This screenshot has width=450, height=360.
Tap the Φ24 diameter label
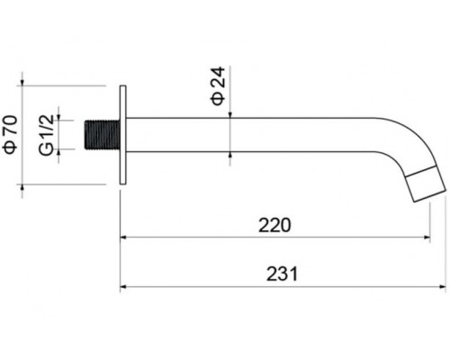[218, 85]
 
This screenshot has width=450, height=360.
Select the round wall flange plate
[124, 135]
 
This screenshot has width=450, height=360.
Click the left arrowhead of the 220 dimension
[125, 238]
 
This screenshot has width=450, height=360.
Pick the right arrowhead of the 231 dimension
[442, 287]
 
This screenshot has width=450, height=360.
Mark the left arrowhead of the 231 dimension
[125, 287]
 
